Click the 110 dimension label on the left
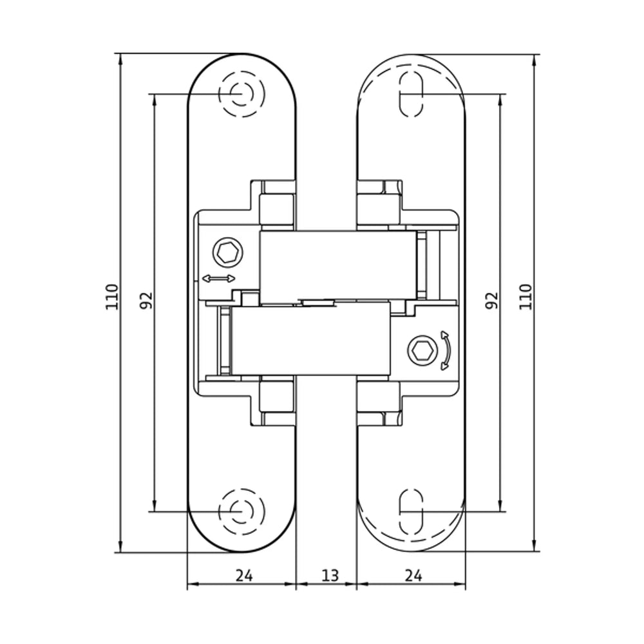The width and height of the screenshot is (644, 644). (112, 297)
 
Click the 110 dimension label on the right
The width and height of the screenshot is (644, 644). (526, 297)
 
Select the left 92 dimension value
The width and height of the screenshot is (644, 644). (147, 300)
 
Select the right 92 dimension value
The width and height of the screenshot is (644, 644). (491, 300)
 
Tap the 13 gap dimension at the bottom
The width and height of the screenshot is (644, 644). (330, 576)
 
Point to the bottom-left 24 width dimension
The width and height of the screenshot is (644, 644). (244, 576)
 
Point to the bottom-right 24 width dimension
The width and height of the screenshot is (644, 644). (413, 576)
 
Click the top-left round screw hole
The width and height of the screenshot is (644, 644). (241, 94)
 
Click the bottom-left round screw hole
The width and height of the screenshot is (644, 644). (241, 512)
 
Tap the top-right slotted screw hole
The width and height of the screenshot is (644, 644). (412, 94)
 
